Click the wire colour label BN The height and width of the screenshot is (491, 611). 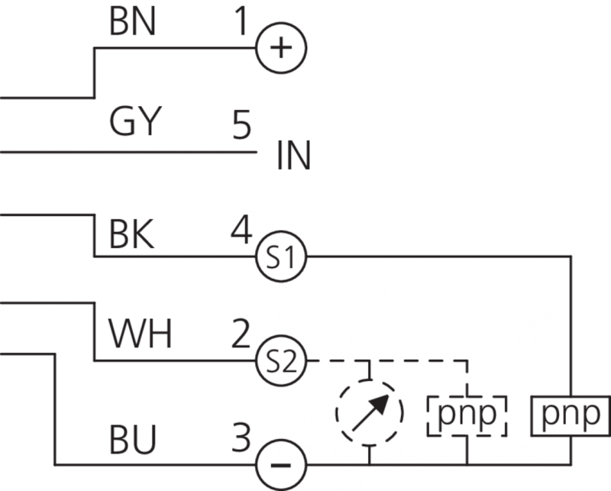click(133, 23)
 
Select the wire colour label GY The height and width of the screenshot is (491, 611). click(134, 121)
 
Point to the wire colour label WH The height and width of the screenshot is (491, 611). click(140, 335)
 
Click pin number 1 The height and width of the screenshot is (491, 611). click(241, 22)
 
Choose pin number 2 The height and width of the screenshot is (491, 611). click(241, 334)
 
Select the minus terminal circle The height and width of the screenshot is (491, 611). click(280, 464)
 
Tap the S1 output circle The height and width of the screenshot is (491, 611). click(280, 257)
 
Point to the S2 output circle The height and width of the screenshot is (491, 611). click(280, 360)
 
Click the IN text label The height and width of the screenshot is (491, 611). click(293, 157)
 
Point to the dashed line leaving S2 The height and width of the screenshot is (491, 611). click(336, 360)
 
